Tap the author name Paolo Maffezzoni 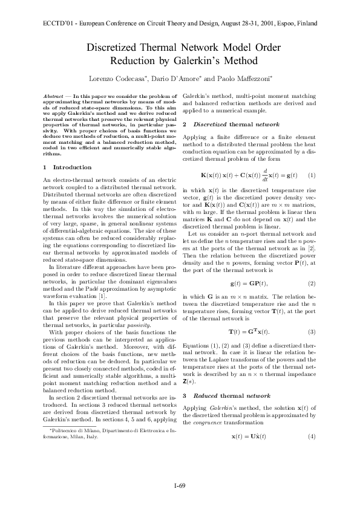click(x=243, y=79)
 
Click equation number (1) click(x=312, y=175)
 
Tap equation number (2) click(x=312, y=284)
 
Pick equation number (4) click(x=312, y=436)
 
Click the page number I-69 click(x=180, y=485)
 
